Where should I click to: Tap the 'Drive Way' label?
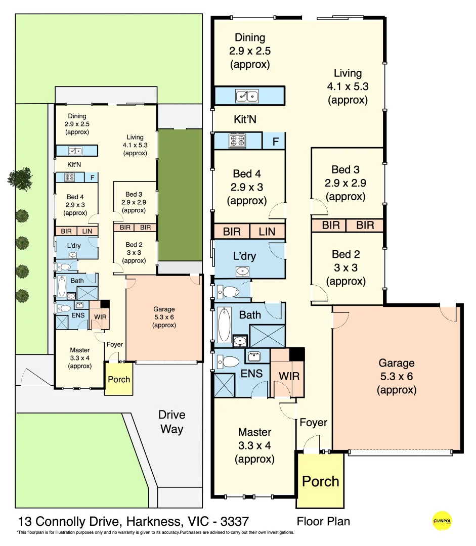[x=171, y=422]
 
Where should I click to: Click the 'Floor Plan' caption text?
[x=323, y=521]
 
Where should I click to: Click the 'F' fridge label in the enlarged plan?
[x=275, y=142]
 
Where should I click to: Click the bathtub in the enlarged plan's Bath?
[x=224, y=324]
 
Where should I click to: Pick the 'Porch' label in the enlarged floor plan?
[x=320, y=481]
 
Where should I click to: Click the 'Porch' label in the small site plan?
[x=119, y=379]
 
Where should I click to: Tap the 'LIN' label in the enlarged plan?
[x=267, y=232]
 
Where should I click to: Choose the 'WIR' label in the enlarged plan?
[x=288, y=376]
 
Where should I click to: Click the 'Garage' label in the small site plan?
[x=164, y=309]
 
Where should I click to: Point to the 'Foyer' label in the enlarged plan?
[x=313, y=422]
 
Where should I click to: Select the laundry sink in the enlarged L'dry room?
[x=243, y=271]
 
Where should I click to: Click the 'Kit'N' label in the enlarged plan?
[x=245, y=120]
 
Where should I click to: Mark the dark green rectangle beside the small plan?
[x=180, y=194]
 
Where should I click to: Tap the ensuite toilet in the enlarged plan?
[x=230, y=361]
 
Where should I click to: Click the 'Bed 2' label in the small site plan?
[x=134, y=244]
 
